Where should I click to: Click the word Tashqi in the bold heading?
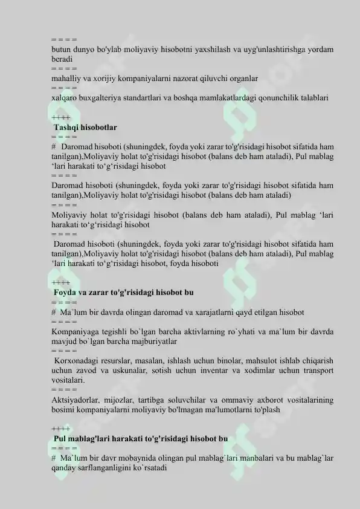pyautogui.click(x=67, y=128)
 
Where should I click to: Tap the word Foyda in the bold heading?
pyautogui.click(x=66, y=293)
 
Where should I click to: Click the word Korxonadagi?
pyautogui.click(x=76, y=361)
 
